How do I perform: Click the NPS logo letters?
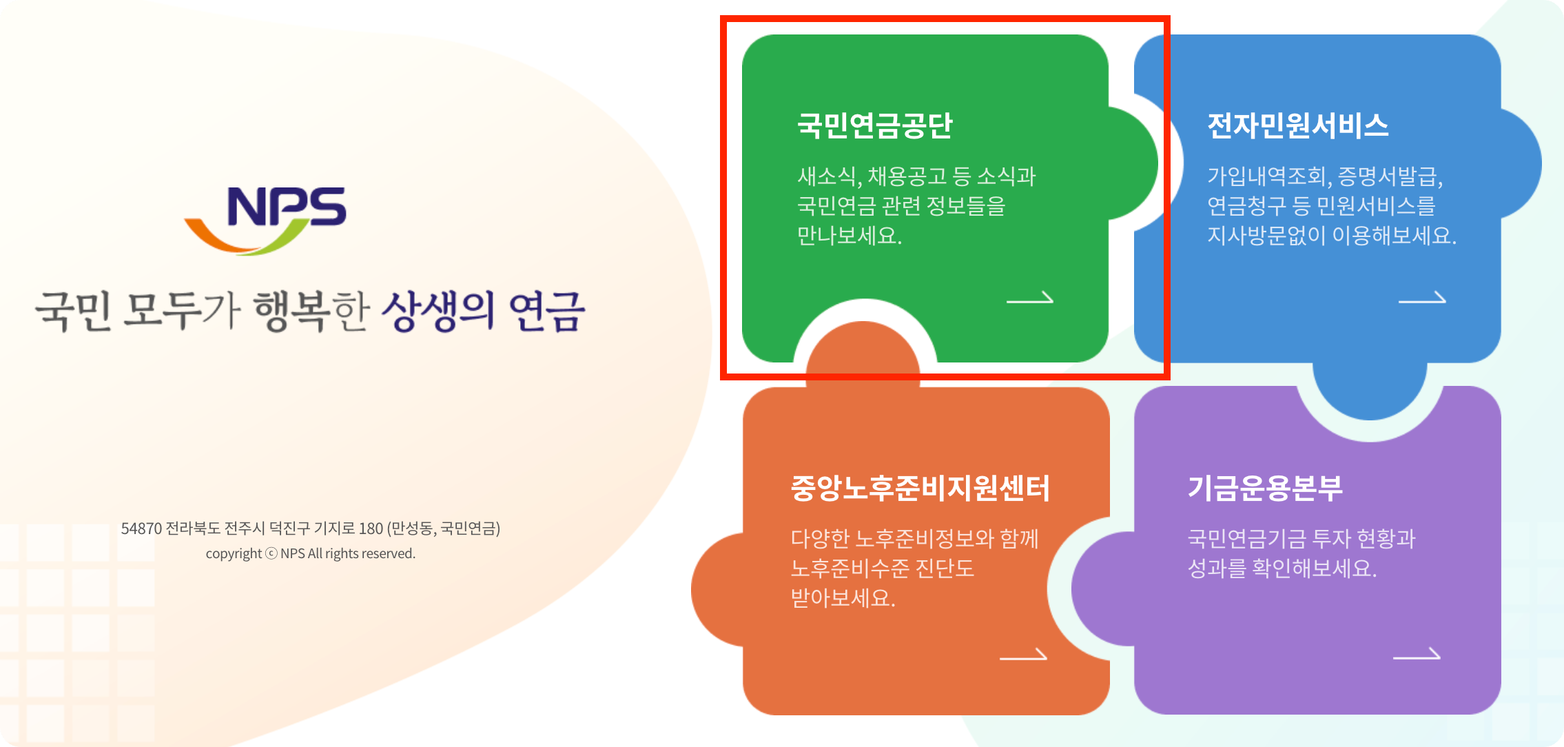pos(286,206)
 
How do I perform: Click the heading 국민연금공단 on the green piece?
pos(874,125)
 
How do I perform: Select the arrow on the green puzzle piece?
pos(1030,298)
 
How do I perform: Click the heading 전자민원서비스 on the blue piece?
pos(1297,125)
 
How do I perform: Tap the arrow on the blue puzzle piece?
pos(1421,298)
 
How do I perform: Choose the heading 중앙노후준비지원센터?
pos(920,488)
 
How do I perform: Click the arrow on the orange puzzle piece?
pos(1023,655)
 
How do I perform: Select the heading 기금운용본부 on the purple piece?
pos(1265,488)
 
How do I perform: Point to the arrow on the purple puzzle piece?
pos(1416,655)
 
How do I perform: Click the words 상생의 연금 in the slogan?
pos(483,311)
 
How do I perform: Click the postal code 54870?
pos(141,529)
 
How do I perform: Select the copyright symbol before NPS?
pos(271,553)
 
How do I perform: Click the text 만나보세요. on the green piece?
pos(850,236)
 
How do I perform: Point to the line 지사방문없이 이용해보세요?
pos(1331,236)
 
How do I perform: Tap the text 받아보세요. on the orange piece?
pos(843,597)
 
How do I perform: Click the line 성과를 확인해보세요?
pos(1282,568)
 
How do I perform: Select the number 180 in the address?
pos(371,529)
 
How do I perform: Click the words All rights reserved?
pos(362,553)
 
